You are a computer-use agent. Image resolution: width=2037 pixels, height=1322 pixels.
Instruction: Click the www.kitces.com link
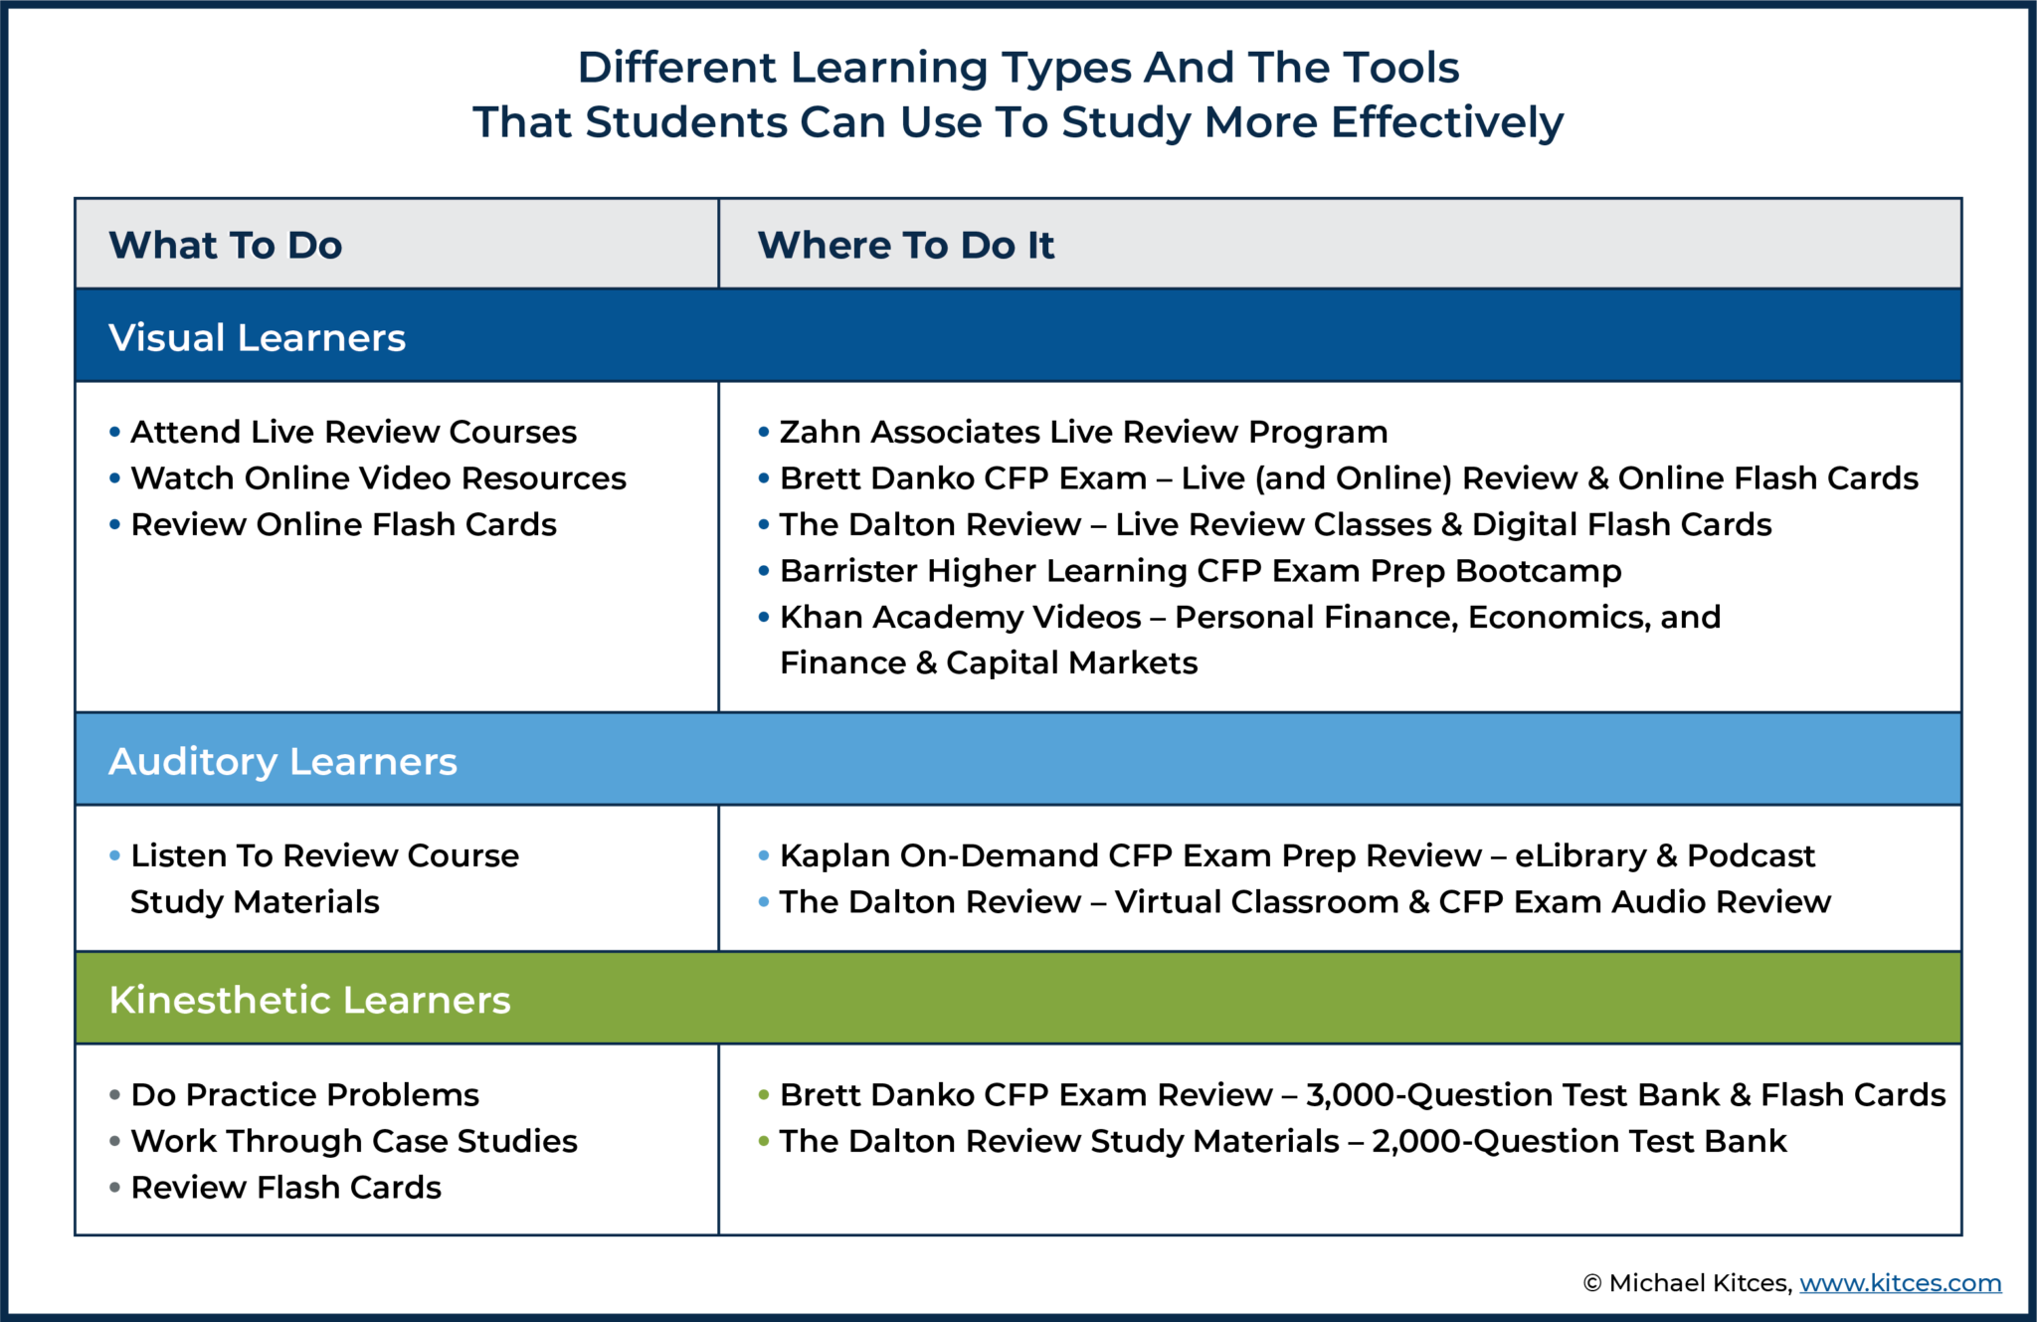point(1900,1283)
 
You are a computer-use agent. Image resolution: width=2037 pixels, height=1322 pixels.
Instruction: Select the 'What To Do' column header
point(226,246)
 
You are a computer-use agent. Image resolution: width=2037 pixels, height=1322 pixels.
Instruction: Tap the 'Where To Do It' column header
point(905,246)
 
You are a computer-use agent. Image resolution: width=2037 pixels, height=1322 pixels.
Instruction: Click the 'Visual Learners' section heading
point(257,338)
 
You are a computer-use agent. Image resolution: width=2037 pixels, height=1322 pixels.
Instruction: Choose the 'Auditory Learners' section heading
point(282,762)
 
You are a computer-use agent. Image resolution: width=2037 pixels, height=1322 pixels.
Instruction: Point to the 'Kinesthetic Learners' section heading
point(309,1001)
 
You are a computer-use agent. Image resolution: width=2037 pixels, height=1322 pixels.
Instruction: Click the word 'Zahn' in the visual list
point(811,433)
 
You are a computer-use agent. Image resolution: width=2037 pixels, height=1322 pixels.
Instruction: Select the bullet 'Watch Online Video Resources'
point(378,478)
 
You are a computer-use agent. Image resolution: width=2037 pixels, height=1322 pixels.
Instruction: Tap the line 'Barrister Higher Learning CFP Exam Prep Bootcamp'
point(1200,571)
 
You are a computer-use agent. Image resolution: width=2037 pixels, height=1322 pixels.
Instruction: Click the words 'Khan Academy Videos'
point(960,618)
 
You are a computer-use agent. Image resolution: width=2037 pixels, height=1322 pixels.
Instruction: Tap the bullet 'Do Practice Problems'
point(304,1095)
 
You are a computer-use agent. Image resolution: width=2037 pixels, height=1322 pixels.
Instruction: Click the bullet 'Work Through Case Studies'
point(354,1142)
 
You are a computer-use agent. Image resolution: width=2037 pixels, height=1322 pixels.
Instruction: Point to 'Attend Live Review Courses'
point(353,433)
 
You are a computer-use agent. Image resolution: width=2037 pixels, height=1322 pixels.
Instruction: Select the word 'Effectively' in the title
point(1446,122)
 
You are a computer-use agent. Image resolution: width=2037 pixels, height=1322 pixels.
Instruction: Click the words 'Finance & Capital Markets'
point(988,663)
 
